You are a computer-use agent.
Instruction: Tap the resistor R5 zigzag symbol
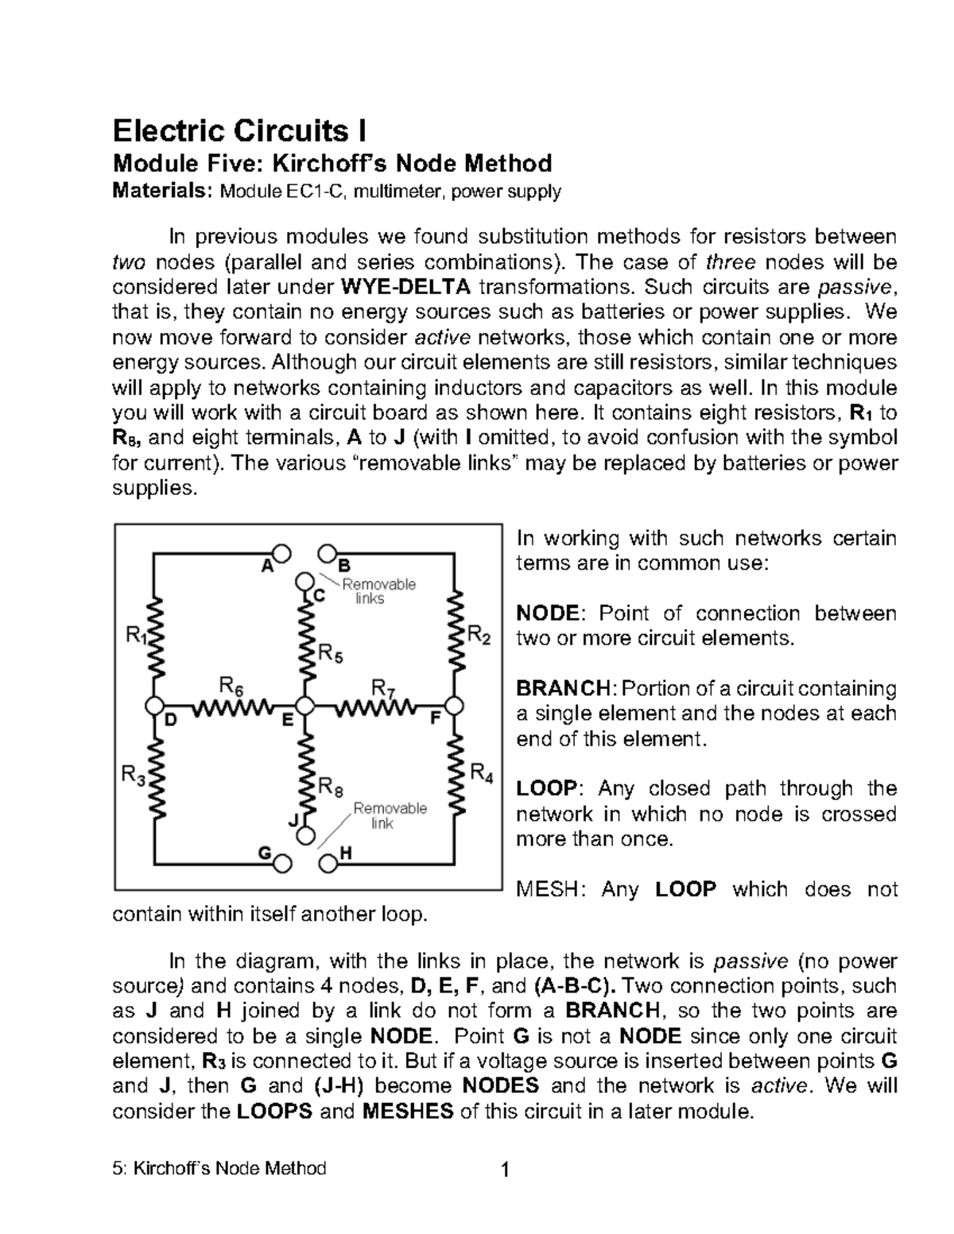[x=305, y=636]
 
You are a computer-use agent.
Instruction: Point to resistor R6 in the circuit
[x=230, y=706]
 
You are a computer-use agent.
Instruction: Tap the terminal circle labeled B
[x=326, y=553]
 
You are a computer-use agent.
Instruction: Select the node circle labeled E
[x=304, y=706]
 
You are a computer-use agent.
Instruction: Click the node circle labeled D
[x=155, y=706]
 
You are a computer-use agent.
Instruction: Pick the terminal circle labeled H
[x=326, y=862]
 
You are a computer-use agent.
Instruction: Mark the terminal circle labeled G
[x=281, y=862]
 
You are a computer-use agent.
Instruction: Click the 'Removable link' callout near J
[x=389, y=815]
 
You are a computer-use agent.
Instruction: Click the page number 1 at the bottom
[x=503, y=1170]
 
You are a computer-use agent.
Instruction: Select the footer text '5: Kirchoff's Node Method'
[x=220, y=1168]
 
